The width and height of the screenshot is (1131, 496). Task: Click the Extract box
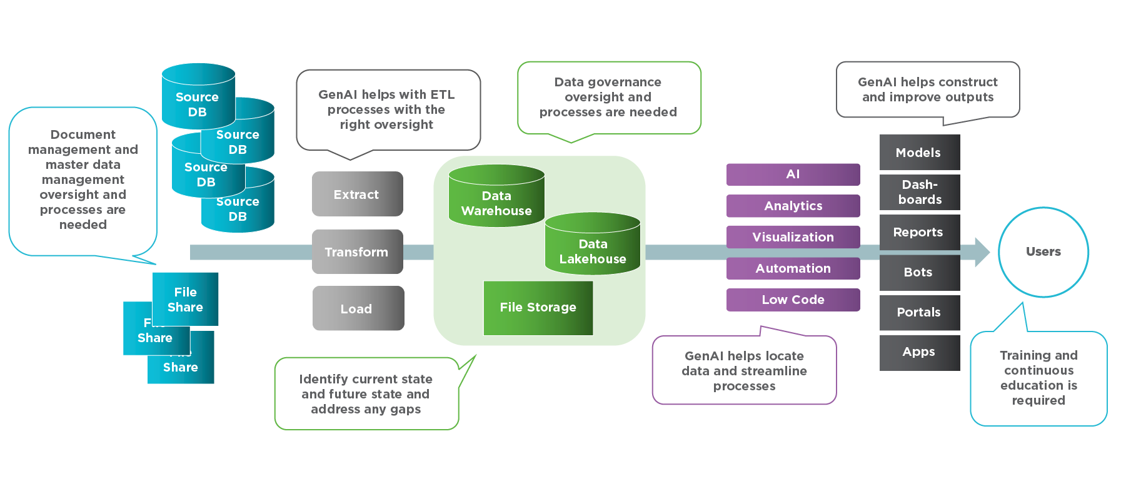pyautogui.click(x=357, y=194)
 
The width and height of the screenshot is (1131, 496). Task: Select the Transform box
pyautogui.click(x=357, y=251)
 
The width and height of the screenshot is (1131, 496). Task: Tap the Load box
pyautogui.click(x=358, y=308)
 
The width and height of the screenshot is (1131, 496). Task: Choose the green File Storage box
pyautogui.click(x=538, y=308)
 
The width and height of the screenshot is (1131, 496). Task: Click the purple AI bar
pyautogui.click(x=793, y=175)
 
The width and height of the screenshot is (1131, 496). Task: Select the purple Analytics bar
pyautogui.click(x=793, y=206)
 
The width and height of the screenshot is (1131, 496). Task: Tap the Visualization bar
pyautogui.click(x=793, y=237)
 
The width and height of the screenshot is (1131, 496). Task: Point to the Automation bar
pyautogui.click(x=793, y=268)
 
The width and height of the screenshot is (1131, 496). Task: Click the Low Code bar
pyautogui.click(x=793, y=300)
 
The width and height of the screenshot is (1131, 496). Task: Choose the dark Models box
pyautogui.click(x=919, y=153)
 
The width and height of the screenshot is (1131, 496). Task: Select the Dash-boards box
pyautogui.click(x=919, y=192)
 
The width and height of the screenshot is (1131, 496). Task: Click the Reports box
pyautogui.click(x=919, y=232)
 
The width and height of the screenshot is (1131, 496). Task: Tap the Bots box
pyautogui.click(x=919, y=272)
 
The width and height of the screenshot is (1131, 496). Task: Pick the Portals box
pyautogui.click(x=919, y=312)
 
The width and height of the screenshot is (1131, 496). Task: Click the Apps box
pyautogui.click(x=919, y=352)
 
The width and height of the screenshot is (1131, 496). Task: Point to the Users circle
pyautogui.click(x=1043, y=252)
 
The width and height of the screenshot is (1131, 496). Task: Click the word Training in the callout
pyautogui.click(x=1023, y=355)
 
